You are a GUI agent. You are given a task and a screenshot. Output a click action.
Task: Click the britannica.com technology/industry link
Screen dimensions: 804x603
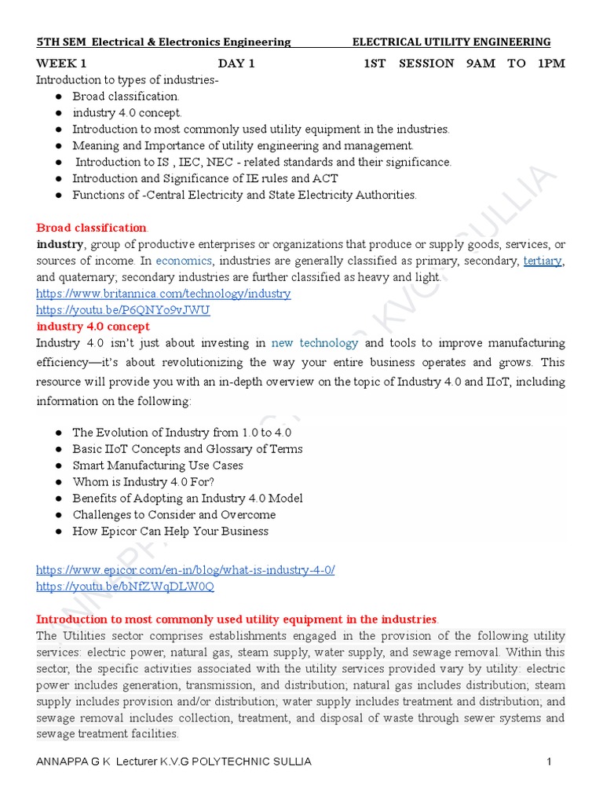[163, 294]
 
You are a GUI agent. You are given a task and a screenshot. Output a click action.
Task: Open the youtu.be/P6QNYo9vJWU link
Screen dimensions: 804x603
[123, 310]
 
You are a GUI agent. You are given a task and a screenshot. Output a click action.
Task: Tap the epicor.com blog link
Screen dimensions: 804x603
[185, 570]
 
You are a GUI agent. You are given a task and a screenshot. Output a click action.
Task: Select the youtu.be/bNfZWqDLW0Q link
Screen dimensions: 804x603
[125, 587]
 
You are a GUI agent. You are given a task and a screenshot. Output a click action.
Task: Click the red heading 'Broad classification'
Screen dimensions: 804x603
[91, 228]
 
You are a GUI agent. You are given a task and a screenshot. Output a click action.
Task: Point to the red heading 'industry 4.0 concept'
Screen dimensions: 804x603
[93, 327]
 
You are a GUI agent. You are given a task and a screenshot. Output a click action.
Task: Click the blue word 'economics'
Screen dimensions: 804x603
[184, 261]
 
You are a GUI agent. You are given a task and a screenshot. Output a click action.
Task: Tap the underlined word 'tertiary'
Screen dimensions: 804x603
[543, 261]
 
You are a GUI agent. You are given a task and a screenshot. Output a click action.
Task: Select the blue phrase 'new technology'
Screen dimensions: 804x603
[315, 343]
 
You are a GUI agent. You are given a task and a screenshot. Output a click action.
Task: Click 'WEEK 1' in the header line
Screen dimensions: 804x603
[62, 64]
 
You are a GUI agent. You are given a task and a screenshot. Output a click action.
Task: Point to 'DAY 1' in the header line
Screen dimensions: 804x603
[236, 64]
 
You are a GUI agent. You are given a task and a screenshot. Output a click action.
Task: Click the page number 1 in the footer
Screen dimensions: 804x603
[550, 762]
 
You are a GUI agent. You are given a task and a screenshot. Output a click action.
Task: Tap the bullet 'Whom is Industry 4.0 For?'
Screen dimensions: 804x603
[143, 482]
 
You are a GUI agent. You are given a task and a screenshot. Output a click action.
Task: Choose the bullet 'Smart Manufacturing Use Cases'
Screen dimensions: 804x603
[158, 466]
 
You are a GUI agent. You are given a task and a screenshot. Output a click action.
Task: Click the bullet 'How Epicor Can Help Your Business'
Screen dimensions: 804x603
[170, 532]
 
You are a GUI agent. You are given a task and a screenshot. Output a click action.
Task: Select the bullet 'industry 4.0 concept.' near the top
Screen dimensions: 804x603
[127, 113]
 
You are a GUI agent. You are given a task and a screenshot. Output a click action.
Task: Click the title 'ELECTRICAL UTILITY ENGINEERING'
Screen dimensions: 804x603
[451, 42]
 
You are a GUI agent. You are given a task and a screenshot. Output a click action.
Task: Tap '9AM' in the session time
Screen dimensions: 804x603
[481, 64]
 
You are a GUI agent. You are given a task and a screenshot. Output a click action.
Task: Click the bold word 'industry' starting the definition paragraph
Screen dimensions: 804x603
[60, 244]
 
